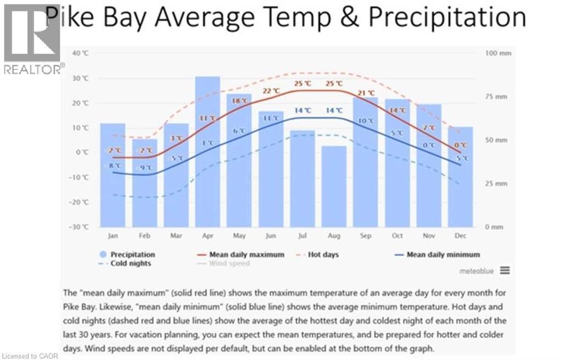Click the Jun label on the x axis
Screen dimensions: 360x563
pos(271,236)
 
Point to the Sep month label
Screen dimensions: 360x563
pos(366,236)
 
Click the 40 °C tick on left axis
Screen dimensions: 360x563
pos(80,53)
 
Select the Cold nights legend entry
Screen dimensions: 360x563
pos(126,263)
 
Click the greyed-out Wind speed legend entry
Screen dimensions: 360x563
pos(223,263)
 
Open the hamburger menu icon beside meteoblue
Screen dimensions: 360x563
pos(505,270)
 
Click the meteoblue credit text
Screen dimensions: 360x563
pos(477,271)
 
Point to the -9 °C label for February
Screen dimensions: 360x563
pos(144,168)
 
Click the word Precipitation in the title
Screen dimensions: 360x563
pos(447,18)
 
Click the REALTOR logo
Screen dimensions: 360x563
pos(32,38)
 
